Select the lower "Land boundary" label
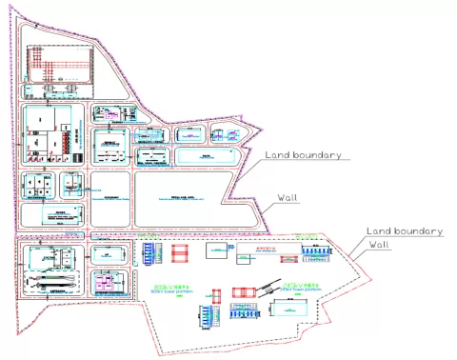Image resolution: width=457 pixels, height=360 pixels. tap(405, 230)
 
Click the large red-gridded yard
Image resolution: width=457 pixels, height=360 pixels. tap(59, 65)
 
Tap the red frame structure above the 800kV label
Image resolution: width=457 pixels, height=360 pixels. tap(181, 252)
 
